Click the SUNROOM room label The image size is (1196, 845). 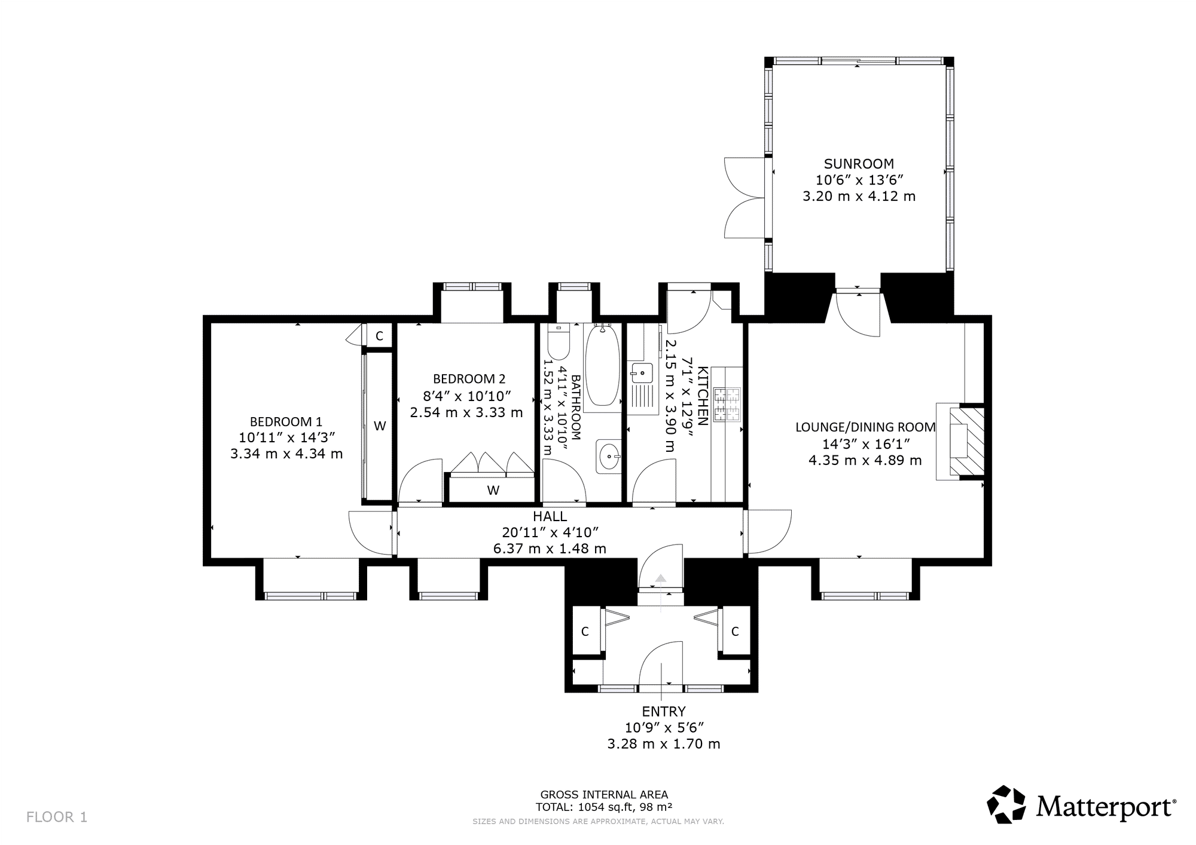click(x=859, y=164)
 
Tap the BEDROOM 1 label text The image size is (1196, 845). click(x=286, y=421)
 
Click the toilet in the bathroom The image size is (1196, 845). click(x=559, y=344)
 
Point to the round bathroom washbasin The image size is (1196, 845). click(x=609, y=457)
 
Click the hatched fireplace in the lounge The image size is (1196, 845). click(x=966, y=442)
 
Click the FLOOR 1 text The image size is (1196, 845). click(x=57, y=817)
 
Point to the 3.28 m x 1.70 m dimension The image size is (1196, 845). click(x=664, y=744)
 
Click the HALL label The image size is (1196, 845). click(x=550, y=516)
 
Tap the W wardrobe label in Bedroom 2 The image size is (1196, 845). click(x=493, y=491)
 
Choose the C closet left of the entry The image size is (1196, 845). click(x=585, y=631)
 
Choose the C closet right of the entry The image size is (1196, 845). click(x=736, y=631)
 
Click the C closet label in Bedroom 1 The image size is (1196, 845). click(x=379, y=336)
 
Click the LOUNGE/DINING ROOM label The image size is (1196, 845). click(x=865, y=427)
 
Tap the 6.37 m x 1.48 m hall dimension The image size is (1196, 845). click(x=550, y=549)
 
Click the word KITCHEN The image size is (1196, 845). click(x=703, y=396)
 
